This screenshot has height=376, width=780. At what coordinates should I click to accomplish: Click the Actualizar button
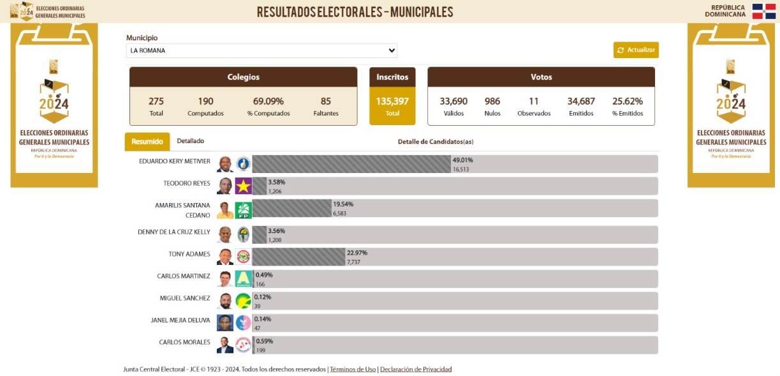[x=636, y=50]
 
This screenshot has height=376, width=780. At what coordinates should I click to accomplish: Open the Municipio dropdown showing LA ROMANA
[x=261, y=50]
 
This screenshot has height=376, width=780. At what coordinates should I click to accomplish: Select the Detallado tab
[x=190, y=141]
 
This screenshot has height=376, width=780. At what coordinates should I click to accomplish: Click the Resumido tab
[x=147, y=142]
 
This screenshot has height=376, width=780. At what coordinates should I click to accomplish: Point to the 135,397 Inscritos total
[x=392, y=102]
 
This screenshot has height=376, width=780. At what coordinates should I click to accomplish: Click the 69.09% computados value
[x=268, y=102]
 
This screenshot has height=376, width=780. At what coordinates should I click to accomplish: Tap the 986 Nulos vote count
[x=492, y=102]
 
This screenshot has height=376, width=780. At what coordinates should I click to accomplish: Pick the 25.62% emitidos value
[x=628, y=102]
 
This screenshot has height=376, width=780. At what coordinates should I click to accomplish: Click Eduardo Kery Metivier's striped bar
[x=351, y=164]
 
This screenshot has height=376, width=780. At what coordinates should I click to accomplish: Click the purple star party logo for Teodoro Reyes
[x=243, y=186]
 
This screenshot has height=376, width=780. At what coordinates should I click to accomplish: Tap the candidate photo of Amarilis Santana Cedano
[x=224, y=210]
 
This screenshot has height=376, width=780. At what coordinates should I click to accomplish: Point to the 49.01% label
[x=462, y=160]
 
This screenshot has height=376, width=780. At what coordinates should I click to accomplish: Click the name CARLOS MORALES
[x=184, y=342]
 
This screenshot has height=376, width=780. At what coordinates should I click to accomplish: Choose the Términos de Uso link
[x=353, y=370]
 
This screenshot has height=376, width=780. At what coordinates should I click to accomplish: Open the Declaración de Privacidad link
[x=416, y=370]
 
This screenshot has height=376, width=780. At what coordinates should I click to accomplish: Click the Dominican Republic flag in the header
[x=763, y=11]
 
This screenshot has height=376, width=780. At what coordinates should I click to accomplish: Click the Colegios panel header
[x=243, y=77]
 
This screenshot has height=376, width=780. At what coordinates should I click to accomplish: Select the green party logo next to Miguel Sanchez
[x=243, y=301]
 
